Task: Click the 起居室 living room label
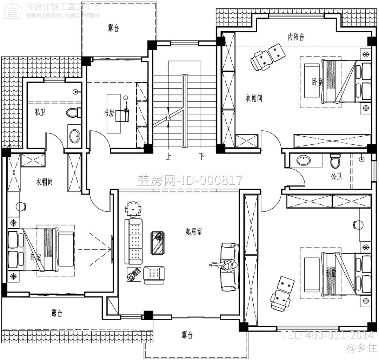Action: (194, 231)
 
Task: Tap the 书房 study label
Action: (109, 113)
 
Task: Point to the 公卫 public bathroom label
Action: (336, 176)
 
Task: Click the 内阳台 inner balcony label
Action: (296, 37)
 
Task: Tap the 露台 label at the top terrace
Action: (113, 28)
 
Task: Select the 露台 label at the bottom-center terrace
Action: (187, 335)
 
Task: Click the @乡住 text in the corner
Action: (360, 348)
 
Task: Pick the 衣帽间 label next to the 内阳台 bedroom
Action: (254, 98)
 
